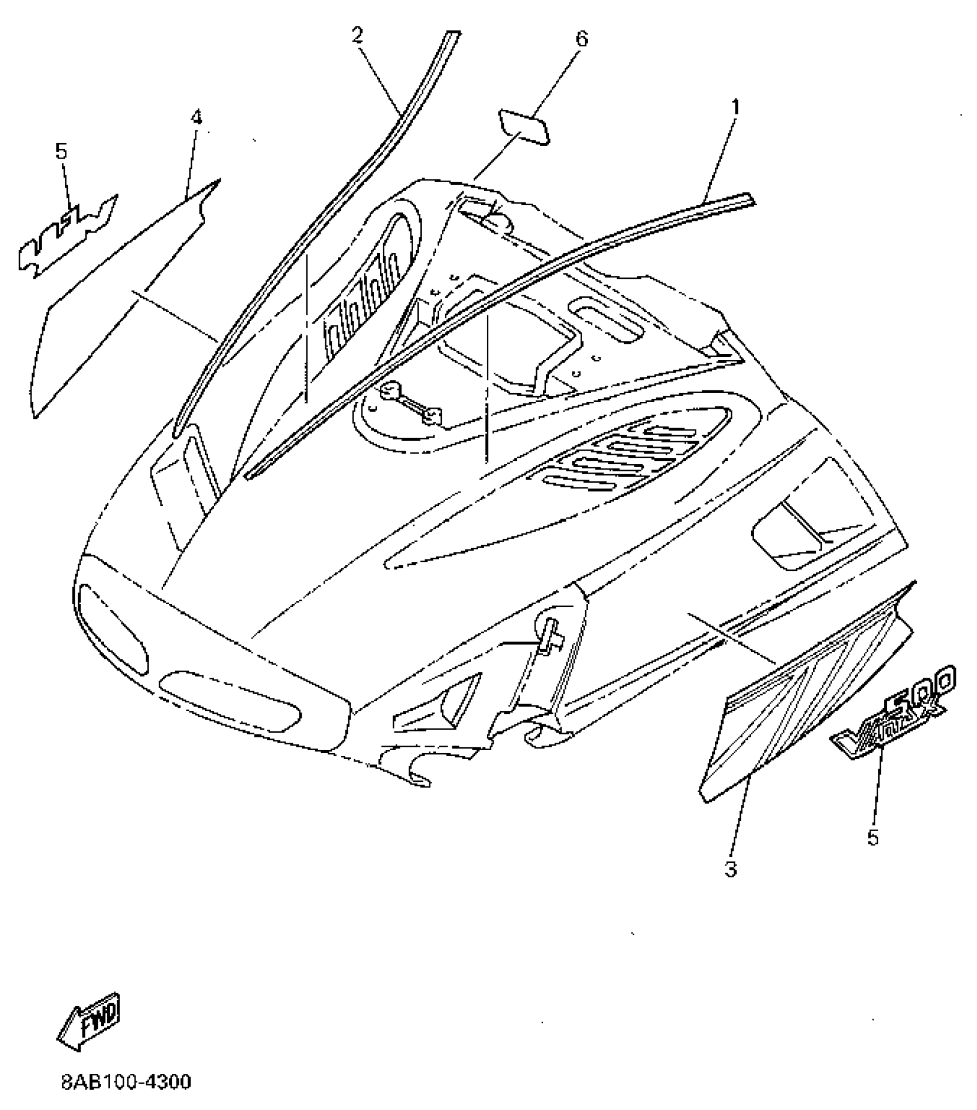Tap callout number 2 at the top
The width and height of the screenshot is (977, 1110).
coord(357,36)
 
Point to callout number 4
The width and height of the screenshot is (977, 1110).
coord(197,118)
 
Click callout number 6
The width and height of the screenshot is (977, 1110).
coord(582,39)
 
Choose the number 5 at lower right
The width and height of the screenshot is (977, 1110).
coord(873,838)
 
